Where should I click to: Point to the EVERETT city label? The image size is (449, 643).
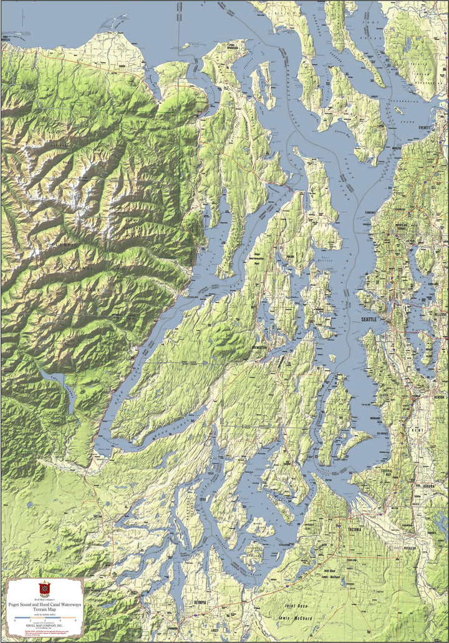424,127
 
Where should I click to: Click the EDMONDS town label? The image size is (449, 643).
364,213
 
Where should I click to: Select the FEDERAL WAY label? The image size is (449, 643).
388,472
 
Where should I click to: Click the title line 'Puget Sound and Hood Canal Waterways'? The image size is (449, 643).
44,604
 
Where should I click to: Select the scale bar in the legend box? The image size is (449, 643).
44,617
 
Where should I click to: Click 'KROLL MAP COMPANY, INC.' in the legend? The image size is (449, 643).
44,624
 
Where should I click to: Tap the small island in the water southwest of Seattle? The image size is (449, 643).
333,358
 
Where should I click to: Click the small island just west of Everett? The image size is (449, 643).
398,110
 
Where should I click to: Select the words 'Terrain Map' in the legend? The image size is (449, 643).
44,609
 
